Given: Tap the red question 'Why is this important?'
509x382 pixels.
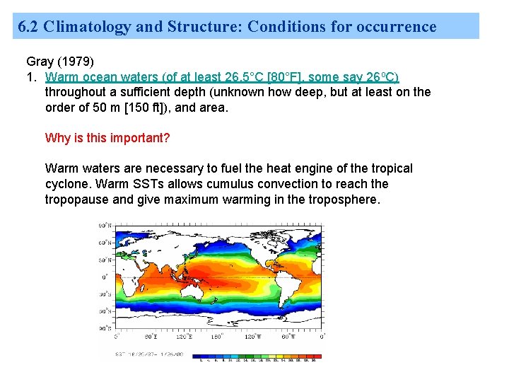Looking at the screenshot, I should pos(107,138).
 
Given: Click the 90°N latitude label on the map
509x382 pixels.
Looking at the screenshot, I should pos(104,226).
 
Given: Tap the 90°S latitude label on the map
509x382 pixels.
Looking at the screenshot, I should pos(104,328).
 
